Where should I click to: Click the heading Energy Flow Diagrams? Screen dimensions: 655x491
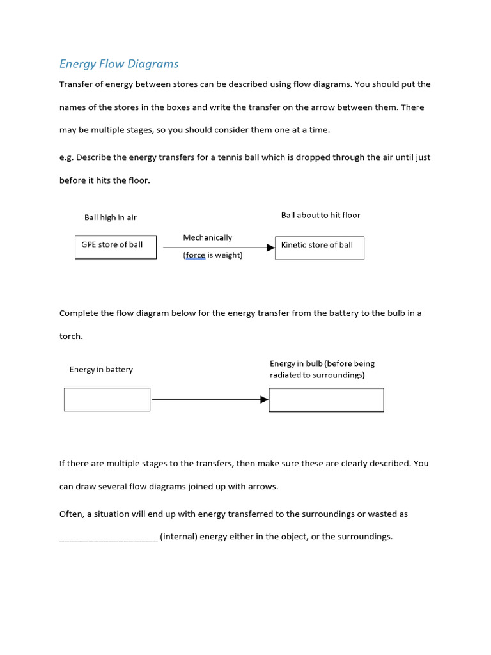[119, 64]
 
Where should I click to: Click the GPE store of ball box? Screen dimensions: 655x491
[116, 248]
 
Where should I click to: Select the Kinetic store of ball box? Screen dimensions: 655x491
[319, 248]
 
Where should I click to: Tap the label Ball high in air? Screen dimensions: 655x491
[111, 217]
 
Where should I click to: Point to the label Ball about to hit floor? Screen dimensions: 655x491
[320, 216]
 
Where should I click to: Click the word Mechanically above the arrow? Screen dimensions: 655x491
[207, 237]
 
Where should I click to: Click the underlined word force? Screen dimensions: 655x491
[195, 256]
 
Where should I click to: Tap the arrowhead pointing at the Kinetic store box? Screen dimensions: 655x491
[270, 248]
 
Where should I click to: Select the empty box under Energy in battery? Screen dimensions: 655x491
[107, 400]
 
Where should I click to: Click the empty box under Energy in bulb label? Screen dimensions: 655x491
[326, 400]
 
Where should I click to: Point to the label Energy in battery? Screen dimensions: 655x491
[101, 370]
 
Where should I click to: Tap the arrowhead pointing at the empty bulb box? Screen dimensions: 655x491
[264, 400]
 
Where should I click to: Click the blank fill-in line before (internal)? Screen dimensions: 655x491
[108, 537]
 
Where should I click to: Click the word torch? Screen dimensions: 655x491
[71, 336]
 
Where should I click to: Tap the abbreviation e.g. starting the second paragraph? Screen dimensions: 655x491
[66, 157]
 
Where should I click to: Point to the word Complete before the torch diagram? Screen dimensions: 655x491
[79, 313]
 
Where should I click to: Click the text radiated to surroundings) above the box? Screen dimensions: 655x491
[317, 375]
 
